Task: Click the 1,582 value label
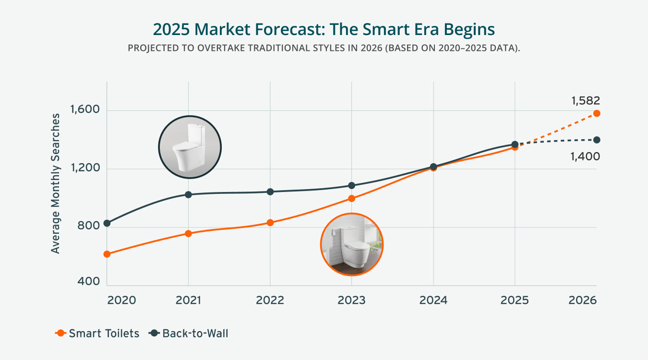[x=585, y=101]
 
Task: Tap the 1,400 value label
[x=585, y=156]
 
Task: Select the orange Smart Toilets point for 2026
[x=597, y=113]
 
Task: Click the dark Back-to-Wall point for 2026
[x=597, y=140]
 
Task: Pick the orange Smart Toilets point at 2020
[x=107, y=254]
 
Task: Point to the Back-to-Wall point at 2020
[x=107, y=223]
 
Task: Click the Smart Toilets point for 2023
[x=351, y=198]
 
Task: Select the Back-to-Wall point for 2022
[x=270, y=192]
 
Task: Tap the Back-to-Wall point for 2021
[x=188, y=194]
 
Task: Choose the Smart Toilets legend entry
[x=97, y=333]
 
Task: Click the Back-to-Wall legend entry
[x=189, y=333]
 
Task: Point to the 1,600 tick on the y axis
[x=85, y=110]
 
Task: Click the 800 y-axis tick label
[x=89, y=227]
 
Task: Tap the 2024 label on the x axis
[x=433, y=300]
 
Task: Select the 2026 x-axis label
[x=582, y=300]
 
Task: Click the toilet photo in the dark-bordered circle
[x=190, y=147]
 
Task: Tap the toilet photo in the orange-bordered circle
[x=351, y=244]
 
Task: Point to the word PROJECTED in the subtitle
[x=150, y=49]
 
